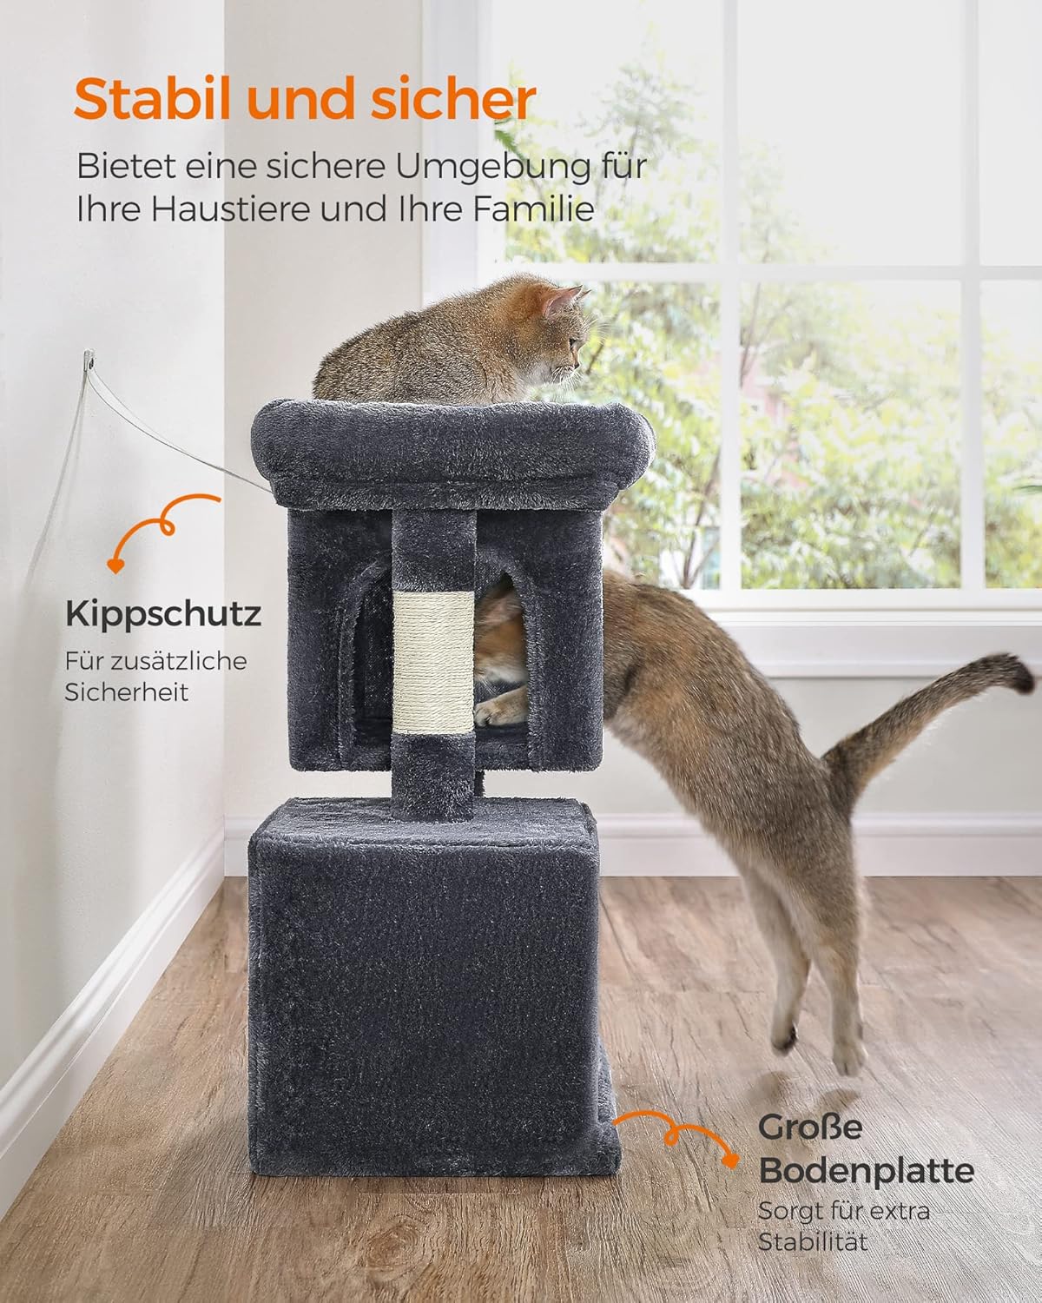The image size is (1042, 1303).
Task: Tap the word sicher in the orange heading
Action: (x=453, y=99)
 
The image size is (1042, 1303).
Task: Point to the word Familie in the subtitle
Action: (x=533, y=208)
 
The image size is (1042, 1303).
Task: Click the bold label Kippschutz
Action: (x=163, y=615)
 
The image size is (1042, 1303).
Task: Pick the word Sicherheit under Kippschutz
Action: (x=127, y=692)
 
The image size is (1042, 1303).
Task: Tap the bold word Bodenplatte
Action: (x=867, y=1172)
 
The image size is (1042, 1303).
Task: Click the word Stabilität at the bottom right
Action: (x=813, y=1242)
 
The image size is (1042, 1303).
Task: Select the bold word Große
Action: (x=810, y=1127)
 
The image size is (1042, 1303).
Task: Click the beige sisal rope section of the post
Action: (x=433, y=663)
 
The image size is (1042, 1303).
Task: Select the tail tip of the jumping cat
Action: (x=1018, y=673)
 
